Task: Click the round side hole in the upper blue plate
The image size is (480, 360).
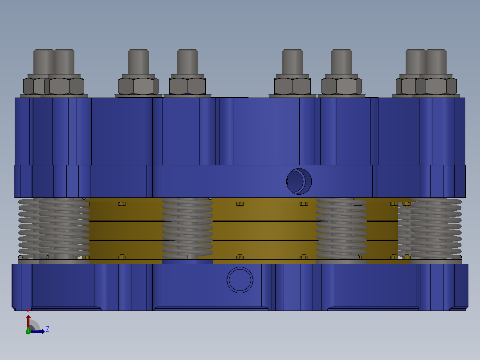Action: click(x=299, y=181)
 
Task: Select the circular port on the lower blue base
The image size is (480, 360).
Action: click(x=240, y=280)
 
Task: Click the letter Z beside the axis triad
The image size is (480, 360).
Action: click(x=48, y=329)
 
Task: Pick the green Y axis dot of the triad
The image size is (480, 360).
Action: click(x=28, y=331)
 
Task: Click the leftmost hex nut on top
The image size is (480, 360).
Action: click(x=34, y=86)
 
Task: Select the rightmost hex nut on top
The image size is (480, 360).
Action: click(x=436, y=86)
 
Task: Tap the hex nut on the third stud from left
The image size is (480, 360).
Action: click(x=138, y=86)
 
